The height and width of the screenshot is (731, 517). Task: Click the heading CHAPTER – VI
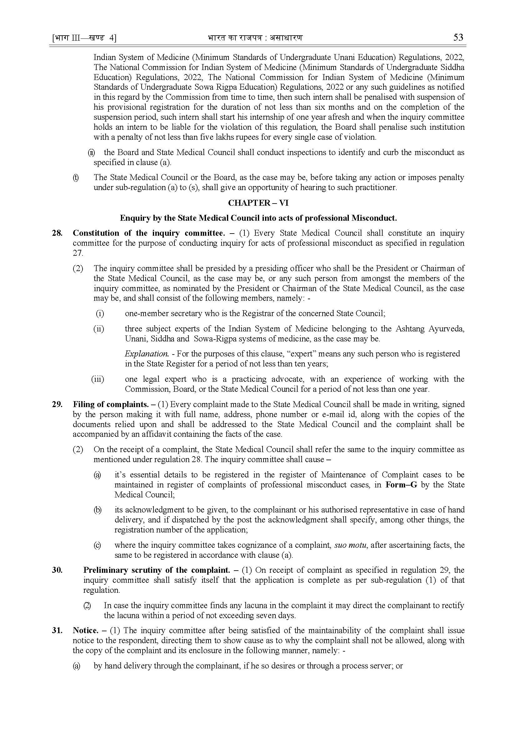pyautogui.click(x=258, y=203)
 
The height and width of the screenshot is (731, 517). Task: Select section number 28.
pyautogui.click(x=57, y=233)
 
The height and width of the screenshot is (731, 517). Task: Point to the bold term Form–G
pyautogui.click(x=401, y=485)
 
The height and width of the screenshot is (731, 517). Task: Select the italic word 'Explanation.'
pyautogui.click(x=146, y=354)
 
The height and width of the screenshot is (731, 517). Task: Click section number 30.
pyautogui.click(x=57, y=570)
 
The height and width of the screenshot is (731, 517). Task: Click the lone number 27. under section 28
pyautogui.click(x=78, y=253)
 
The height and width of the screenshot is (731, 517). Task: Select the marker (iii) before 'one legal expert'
pyautogui.click(x=98, y=379)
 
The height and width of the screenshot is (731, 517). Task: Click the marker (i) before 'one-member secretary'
pyautogui.click(x=100, y=313)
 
